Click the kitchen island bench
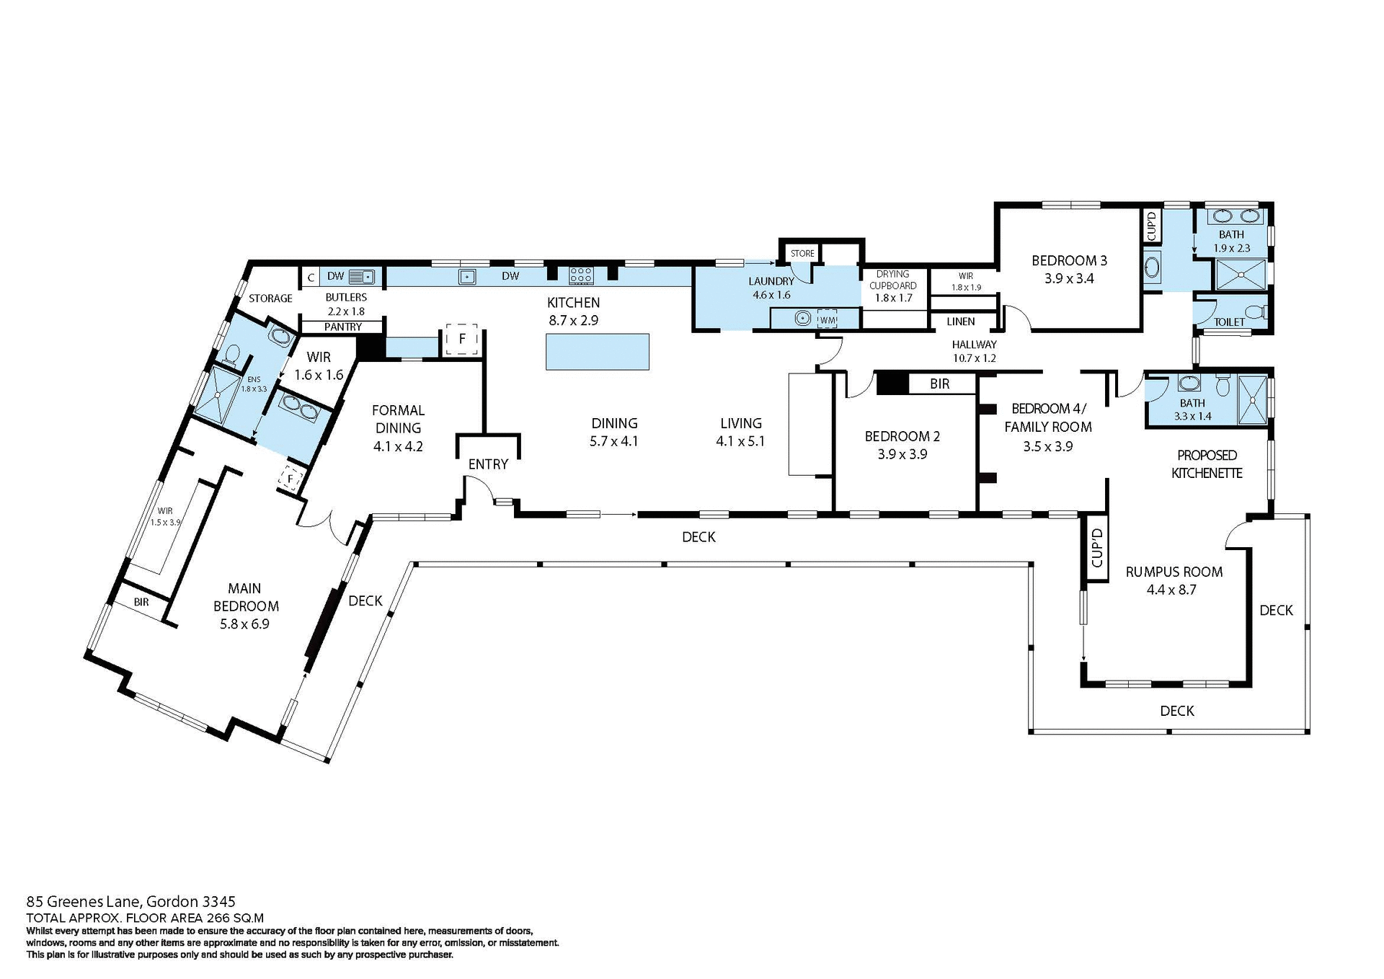click(x=597, y=352)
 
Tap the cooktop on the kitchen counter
click(x=581, y=275)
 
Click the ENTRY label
click(x=488, y=464)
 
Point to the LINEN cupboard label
click(x=960, y=322)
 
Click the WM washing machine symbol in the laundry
click(x=828, y=319)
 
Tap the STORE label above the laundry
click(x=802, y=253)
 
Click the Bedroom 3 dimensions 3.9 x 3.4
click(x=1069, y=278)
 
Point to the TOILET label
click(x=1229, y=322)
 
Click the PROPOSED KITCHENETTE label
click(x=1207, y=464)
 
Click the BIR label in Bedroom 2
click(x=939, y=384)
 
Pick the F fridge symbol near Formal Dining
click(x=462, y=338)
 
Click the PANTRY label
click(x=342, y=327)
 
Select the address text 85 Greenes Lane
click(x=86, y=901)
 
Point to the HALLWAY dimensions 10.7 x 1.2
click(x=974, y=358)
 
